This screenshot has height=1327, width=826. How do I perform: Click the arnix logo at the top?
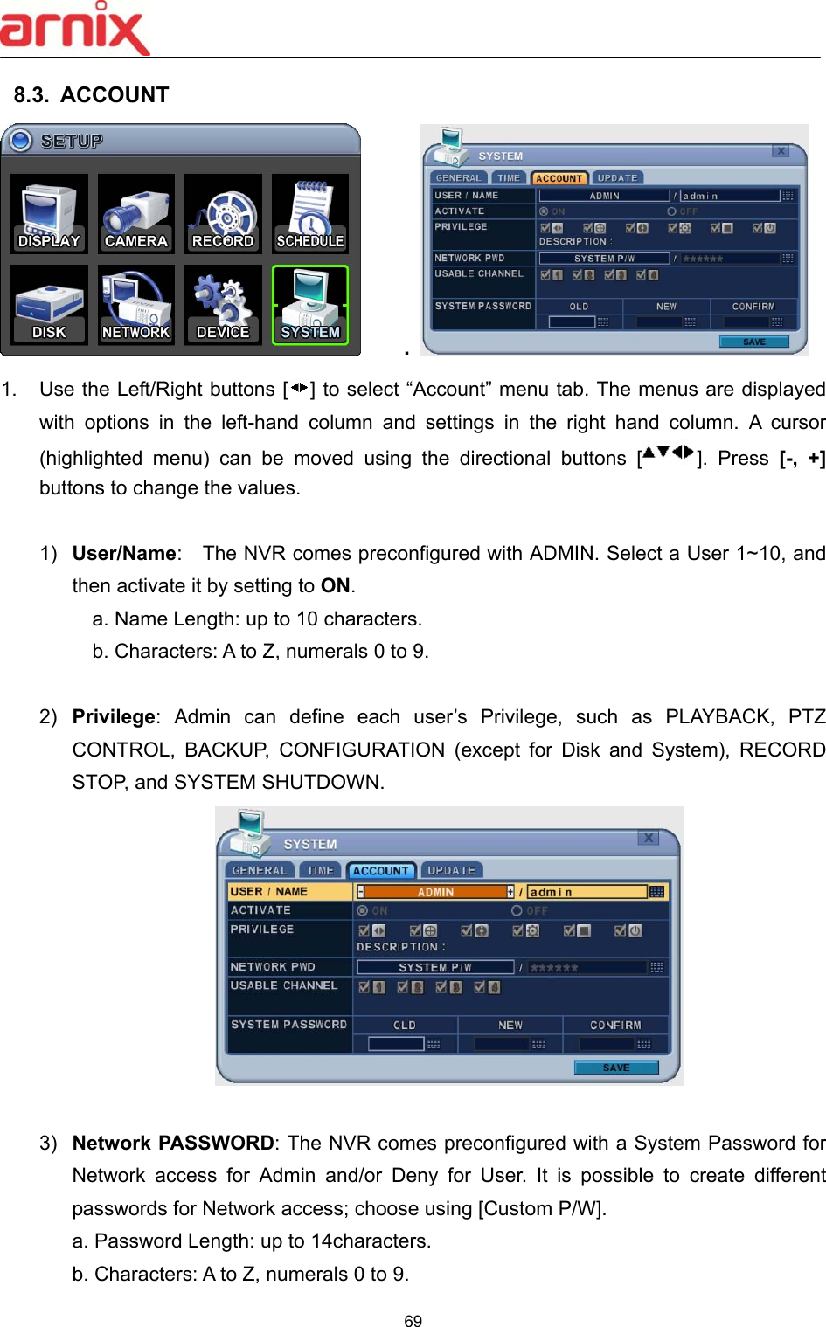[x=75, y=28]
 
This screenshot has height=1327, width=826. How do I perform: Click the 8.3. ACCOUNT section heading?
[x=91, y=95]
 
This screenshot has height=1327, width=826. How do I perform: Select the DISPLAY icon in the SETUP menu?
[x=49, y=214]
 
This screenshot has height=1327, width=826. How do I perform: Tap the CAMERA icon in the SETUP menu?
[x=135, y=214]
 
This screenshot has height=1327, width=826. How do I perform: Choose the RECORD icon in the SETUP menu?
[x=223, y=214]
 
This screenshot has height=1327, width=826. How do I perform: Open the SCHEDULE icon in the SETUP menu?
[x=310, y=214]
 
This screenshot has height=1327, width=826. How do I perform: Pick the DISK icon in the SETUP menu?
[x=49, y=305]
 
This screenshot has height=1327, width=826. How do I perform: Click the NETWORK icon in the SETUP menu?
[x=135, y=305]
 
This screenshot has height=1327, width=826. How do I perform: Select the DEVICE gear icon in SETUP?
[x=223, y=305]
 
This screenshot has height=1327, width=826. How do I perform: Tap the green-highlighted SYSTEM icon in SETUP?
[x=310, y=305]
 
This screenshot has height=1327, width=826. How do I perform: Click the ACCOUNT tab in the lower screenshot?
[x=380, y=871]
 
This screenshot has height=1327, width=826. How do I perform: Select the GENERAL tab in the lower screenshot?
[x=259, y=871]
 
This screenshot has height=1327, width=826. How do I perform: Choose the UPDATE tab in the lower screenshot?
[x=451, y=871]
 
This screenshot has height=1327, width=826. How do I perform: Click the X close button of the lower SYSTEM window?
[x=649, y=838]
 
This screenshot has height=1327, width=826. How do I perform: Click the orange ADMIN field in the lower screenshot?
[x=435, y=892]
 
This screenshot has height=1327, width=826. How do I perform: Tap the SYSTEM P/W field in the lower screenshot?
[x=434, y=967]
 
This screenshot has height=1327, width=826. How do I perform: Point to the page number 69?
[x=413, y=1321]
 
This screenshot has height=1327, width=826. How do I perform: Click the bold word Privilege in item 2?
[x=114, y=717]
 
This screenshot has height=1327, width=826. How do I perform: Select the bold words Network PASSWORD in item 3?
[x=173, y=1143]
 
